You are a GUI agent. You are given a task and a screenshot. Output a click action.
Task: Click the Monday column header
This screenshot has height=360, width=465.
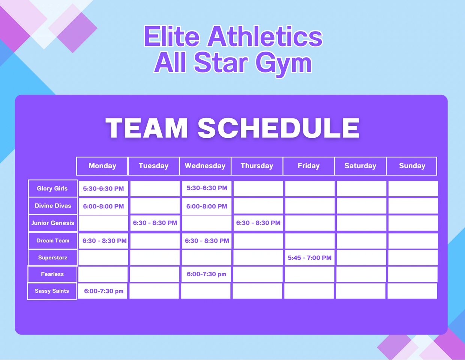point(102,166)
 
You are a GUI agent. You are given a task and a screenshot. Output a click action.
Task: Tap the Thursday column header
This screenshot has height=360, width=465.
point(257,166)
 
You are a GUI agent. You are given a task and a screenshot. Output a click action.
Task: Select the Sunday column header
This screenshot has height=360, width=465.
point(412,166)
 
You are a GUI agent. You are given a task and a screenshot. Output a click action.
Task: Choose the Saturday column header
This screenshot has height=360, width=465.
point(360,166)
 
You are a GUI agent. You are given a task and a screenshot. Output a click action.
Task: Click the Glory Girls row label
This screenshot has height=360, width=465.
point(52,188)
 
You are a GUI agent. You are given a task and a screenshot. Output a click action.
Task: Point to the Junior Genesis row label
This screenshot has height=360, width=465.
point(52,223)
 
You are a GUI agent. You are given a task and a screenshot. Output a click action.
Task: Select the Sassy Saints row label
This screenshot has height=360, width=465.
point(52,291)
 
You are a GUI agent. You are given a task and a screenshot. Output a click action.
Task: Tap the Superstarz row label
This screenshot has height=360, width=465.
point(52,258)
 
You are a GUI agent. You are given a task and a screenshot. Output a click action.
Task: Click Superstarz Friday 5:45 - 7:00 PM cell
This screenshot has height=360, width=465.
point(310,258)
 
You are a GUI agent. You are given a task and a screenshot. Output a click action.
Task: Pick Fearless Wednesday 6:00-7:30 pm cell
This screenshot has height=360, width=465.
point(206,274)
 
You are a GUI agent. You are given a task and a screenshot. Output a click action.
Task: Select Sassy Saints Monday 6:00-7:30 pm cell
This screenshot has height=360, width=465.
point(102,291)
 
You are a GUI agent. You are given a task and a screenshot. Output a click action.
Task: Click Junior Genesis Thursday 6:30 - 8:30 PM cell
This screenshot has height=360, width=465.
point(258,223)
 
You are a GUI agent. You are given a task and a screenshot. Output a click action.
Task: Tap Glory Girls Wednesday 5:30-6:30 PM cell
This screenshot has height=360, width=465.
point(207,188)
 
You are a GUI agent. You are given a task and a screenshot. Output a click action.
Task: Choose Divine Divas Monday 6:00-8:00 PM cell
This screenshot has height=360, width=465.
point(103,206)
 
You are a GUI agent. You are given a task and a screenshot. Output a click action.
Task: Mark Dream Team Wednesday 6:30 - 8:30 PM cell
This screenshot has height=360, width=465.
point(207,241)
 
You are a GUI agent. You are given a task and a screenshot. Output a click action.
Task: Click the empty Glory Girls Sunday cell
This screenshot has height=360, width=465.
point(413,188)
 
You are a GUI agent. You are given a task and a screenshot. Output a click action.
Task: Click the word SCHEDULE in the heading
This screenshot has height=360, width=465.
point(278,128)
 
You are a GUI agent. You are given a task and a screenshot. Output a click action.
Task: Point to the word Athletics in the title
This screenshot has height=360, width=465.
point(265,36)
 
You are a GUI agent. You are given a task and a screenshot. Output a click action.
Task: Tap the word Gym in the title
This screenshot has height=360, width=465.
point(284,63)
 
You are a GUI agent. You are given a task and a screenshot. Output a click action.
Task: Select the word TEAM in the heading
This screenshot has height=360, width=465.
point(147,128)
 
